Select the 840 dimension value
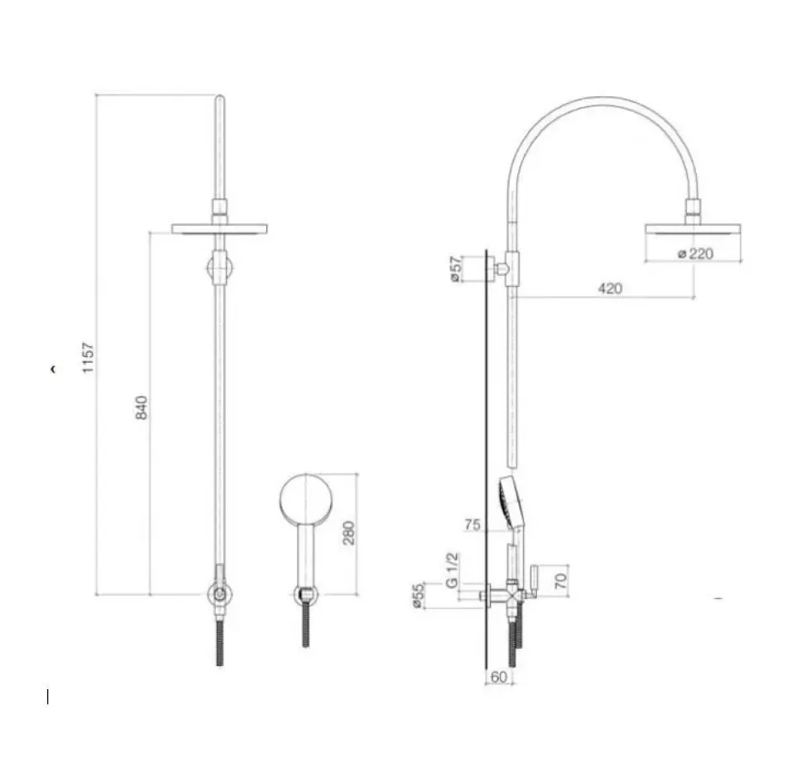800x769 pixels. pos(142,407)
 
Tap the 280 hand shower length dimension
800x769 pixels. pos(348,532)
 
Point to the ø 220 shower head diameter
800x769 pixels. pos(694,254)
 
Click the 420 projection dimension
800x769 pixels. pos(610,288)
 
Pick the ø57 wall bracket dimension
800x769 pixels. pos(454,270)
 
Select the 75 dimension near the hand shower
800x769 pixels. pos(473,524)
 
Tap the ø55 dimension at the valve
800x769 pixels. pos(418,595)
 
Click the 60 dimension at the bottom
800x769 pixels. pos(497,677)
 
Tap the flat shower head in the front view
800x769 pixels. pos(220,228)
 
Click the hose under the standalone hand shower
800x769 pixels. pos(306,625)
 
